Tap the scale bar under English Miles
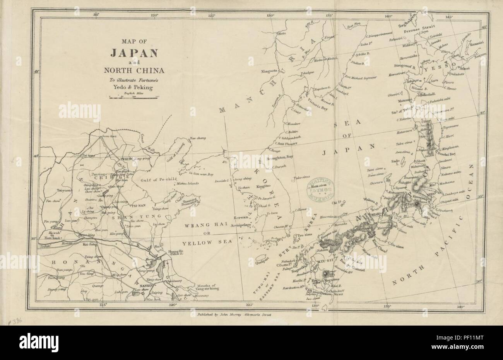pyautogui.click(x=133, y=99)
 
